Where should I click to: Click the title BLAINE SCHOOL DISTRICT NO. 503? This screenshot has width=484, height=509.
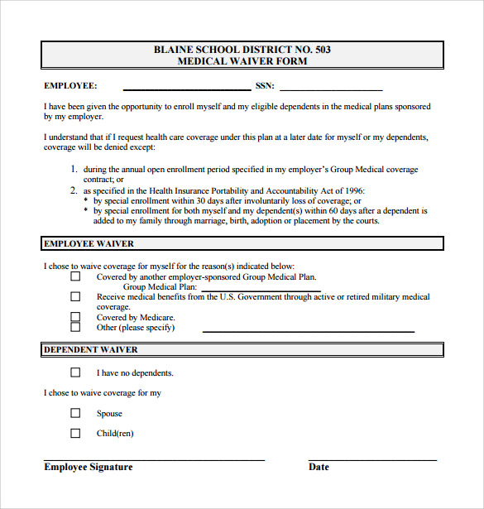click(x=242, y=50)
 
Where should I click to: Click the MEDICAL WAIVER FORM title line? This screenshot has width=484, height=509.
click(x=242, y=61)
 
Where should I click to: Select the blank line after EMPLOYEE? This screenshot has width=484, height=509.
click(x=186, y=88)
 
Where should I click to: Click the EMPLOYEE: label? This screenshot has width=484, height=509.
click(x=70, y=86)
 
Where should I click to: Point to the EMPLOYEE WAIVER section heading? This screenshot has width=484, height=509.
click(x=89, y=244)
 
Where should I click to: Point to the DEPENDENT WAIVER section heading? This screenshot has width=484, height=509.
click(x=90, y=351)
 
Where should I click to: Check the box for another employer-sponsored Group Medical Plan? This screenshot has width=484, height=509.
click(x=75, y=277)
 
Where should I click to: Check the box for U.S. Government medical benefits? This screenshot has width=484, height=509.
click(x=75, y=296)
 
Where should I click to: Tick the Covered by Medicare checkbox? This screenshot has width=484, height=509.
click(x=75, y=316)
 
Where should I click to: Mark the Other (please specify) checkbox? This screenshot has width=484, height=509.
click(x=75, y=327)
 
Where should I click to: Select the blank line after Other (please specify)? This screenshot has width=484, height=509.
click(x=308, y=330)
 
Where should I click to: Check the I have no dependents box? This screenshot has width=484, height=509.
click(x=75, y=372)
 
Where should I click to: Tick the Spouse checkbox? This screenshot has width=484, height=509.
click(x=75, y=413)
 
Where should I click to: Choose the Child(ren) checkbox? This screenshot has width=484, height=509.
click(x=75, y=433)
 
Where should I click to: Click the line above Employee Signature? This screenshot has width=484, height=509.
click(x=154, y=459)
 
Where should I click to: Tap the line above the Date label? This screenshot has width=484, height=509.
click(x=372, y=459)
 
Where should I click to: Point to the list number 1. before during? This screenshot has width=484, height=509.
click(x=74, y=170)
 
